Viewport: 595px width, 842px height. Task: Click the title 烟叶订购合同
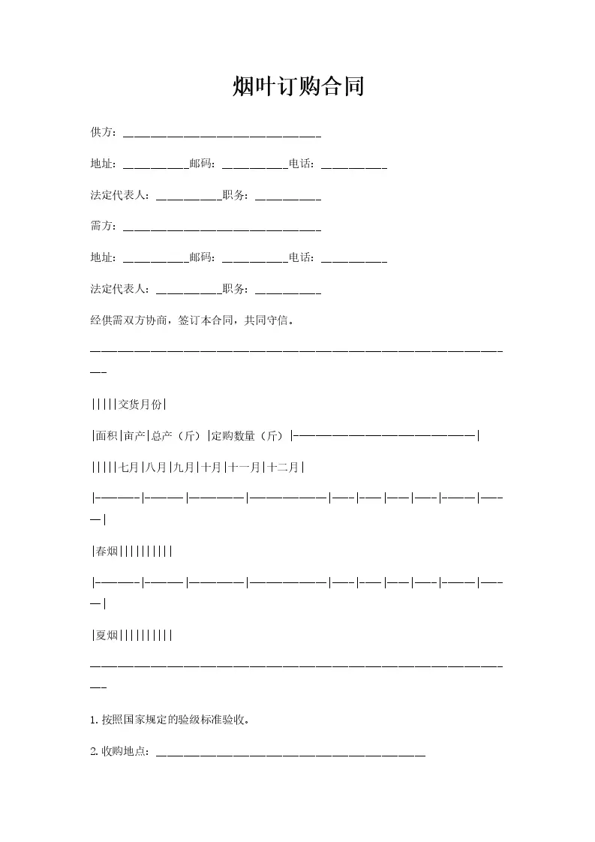pyautogui.click(x=298, y=87)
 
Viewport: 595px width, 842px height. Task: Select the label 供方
pyautogui.click(x=101, y=133)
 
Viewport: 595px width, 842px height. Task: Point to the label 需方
pyautogui.click(x=101, y=226)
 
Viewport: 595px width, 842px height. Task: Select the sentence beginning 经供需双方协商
pyautogui.click(x=192, y=320)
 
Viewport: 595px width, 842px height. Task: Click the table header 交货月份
pyautogui.click(x=140, y=404)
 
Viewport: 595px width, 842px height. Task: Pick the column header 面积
pyautogui.click(x=106, y=435)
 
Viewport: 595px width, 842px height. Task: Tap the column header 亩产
pyautogui.click(x=136, y=435)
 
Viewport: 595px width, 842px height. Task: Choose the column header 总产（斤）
pyautogui.click(x=179, y=435)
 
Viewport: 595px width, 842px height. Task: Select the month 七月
pyautogui.click(x=128, y=467)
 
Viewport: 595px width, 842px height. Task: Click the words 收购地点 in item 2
pyautogui.click(x=125, y=751)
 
